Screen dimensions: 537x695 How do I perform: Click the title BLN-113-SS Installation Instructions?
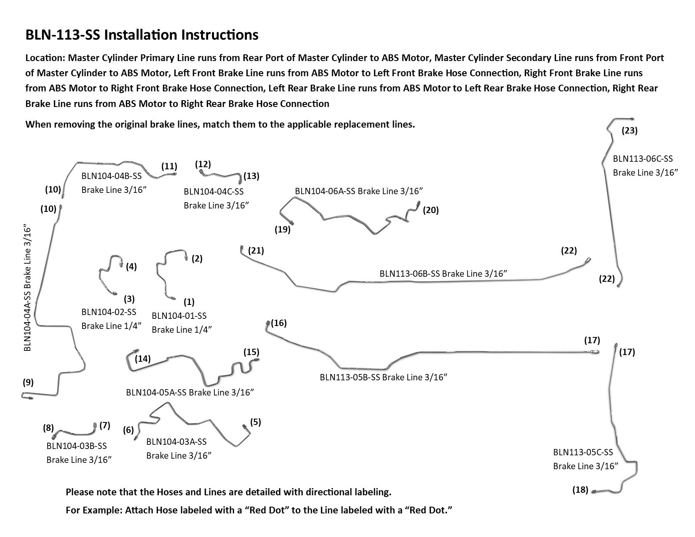point(142,35)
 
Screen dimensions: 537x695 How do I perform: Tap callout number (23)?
point(629,131)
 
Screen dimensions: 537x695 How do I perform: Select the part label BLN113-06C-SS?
point(643,159)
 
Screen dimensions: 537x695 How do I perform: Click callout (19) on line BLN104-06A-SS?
point(283,230)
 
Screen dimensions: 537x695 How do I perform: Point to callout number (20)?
point(430,210)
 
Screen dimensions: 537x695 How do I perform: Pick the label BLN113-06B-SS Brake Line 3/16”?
point(443,273)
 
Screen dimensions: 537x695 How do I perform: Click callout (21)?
point(256,251)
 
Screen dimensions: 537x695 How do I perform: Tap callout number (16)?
point(279,323)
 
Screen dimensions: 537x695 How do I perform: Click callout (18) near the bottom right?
point(580,490)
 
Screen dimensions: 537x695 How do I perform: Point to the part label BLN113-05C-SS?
point(583,452)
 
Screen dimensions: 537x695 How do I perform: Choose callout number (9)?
point(28,382)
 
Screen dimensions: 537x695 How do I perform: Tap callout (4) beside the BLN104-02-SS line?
point(131,267)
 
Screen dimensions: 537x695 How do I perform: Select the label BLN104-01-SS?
point(179,315)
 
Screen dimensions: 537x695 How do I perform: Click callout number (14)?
point(143,359)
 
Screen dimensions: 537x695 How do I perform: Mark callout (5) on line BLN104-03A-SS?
point(255,422)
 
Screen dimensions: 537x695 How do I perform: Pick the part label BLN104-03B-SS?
point(77,446)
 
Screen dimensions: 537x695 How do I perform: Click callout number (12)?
point(203,164)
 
